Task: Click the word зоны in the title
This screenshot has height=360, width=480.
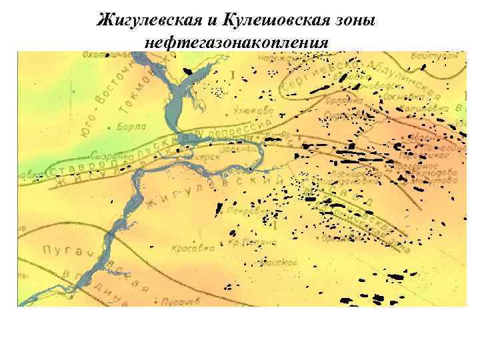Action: (353, 21)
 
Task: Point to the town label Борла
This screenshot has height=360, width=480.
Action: (129, 125)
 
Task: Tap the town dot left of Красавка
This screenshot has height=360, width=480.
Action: (171, 247)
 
